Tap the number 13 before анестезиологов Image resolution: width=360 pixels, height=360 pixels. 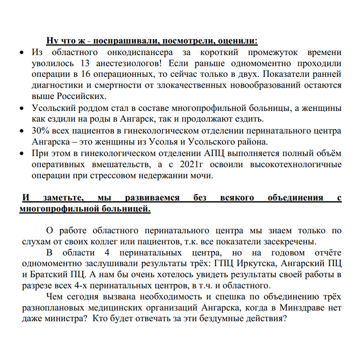tap(86, 63)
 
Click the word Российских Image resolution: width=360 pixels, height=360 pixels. tap(82, 97)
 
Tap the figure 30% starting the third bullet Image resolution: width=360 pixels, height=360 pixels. tap(41, 131)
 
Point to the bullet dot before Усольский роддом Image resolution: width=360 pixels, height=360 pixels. tap(22, 108)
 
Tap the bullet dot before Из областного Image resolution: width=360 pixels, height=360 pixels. tap(22, 53)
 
